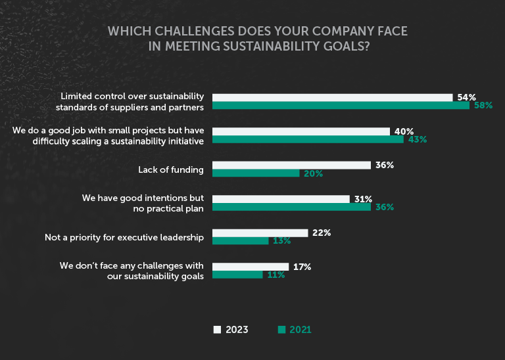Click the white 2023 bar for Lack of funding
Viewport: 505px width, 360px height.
tap(292, 165)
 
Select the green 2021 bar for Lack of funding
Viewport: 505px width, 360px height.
tap(256, 173)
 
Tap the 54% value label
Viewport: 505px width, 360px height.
tap(466, 97)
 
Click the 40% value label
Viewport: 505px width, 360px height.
tap(404, 131)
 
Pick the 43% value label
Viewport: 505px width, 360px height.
tap(417, 140)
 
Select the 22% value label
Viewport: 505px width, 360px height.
tap(322, 233)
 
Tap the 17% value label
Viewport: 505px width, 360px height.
tap(302, 267)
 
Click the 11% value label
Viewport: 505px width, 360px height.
tap(276, 275)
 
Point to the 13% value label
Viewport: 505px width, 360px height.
tap(281, 241)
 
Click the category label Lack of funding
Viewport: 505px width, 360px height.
tap(170, 169)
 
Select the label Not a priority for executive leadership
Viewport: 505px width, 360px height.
tap(124, 237)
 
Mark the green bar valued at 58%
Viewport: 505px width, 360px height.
tap(341, 105)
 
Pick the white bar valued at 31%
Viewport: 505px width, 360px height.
tap(281, 198)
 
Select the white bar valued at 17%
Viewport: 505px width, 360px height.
tap(251, 267)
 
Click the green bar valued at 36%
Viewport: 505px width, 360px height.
tap(292, 207)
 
